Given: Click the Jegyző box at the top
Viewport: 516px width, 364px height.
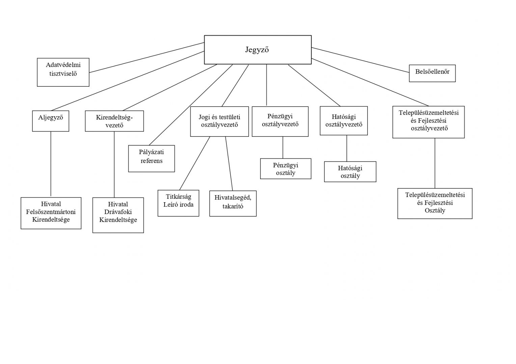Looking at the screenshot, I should click(x=257, y=50).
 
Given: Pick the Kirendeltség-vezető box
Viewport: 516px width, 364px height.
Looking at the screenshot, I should click(x=114, y=121).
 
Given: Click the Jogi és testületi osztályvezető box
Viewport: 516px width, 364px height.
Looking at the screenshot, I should click(x=219, y=121).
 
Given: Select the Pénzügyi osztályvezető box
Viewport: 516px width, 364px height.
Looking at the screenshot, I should click(x=280, y=121).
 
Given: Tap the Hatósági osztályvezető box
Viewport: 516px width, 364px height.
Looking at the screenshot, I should click(x=344, y=121).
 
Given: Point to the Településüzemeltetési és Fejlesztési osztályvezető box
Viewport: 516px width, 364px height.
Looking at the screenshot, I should click(x=428, y=122).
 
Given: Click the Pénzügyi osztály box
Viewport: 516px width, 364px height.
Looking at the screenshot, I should click(x=286, y=169).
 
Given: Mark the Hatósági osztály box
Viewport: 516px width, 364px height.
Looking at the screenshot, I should click(x=350, y=172).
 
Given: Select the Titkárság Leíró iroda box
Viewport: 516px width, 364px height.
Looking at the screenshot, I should click(x=178, y=203).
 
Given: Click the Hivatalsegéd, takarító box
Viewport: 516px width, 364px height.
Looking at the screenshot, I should click(x=233, y=203).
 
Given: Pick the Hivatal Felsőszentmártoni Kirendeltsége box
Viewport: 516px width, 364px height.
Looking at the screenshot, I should click(x=51, y=213).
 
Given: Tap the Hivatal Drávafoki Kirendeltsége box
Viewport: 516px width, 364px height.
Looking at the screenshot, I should click(x=118, y=215).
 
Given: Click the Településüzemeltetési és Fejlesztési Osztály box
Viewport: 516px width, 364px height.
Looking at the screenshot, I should click(x=435, y=203).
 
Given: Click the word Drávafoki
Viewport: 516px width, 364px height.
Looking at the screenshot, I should click(x=118, y=212).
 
